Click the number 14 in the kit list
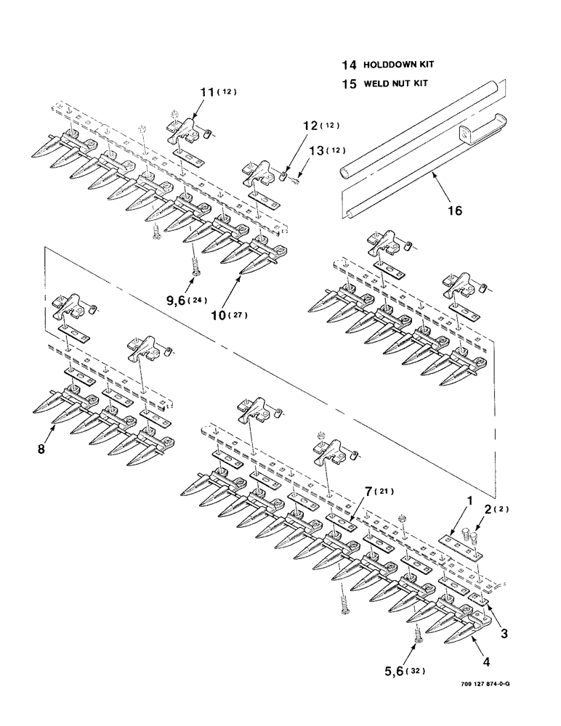click(x=348, y=65)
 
